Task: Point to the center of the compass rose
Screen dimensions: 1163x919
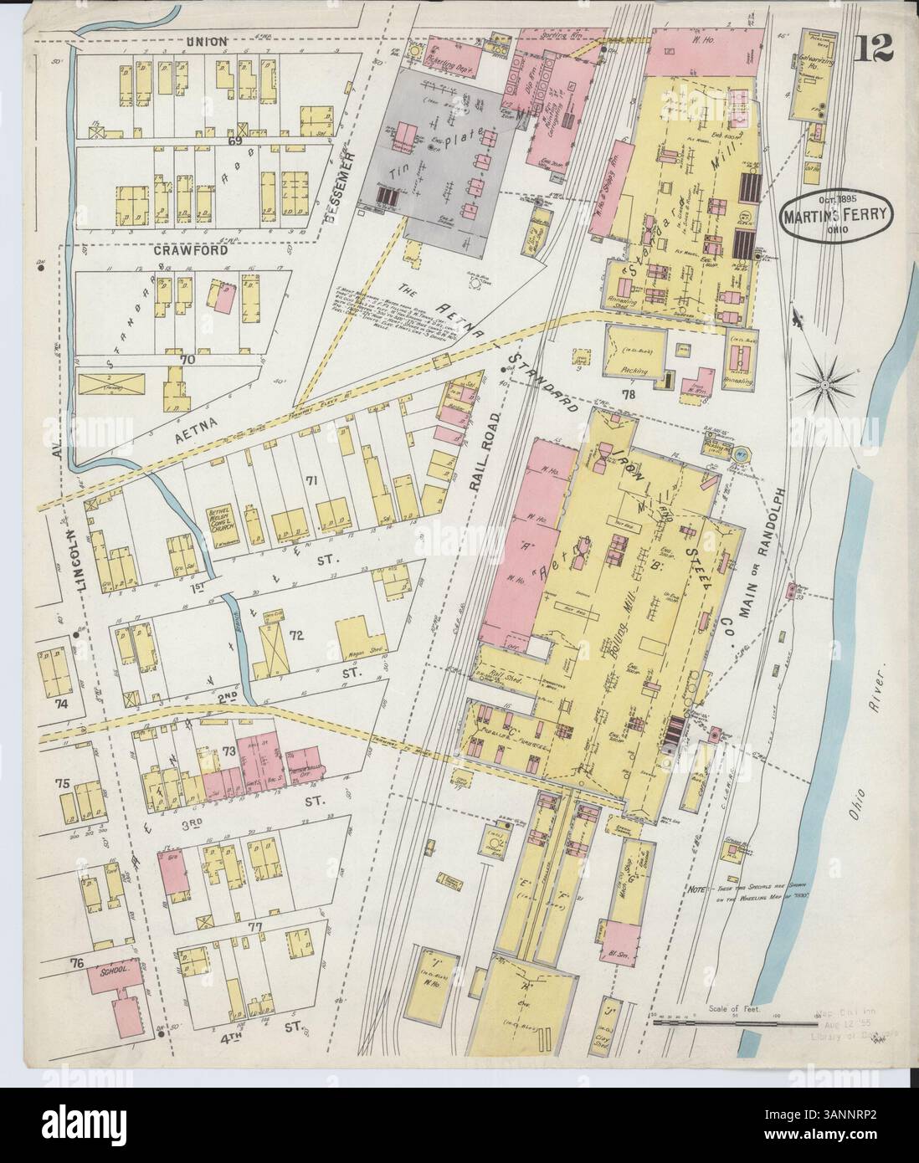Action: tap(825, 384)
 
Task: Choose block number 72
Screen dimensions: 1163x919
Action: tap(295, 634)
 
